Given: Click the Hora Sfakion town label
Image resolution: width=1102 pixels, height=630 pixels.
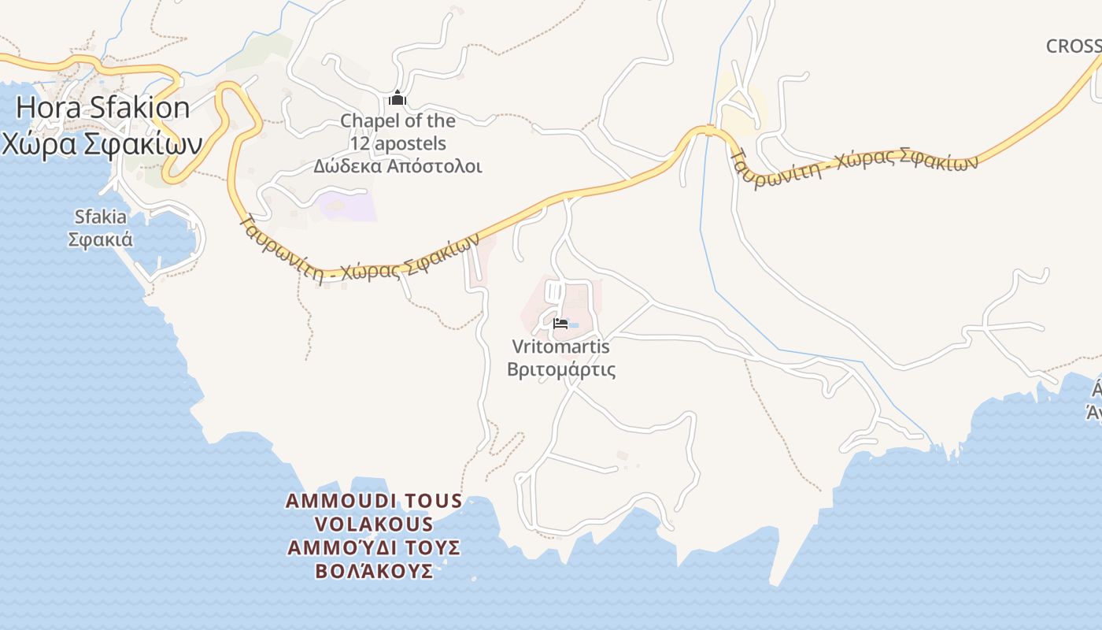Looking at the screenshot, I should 102,108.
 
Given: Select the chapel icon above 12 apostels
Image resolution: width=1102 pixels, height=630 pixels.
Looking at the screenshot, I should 398,98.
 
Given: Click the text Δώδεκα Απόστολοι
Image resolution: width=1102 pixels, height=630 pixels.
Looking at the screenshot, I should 398,166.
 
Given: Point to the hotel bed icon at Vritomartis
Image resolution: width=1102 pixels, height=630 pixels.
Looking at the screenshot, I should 560,323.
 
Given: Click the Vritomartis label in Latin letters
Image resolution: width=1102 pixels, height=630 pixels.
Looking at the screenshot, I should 560,346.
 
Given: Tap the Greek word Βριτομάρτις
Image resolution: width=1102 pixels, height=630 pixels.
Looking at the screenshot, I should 560,369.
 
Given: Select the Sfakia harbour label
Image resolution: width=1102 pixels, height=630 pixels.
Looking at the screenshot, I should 100,217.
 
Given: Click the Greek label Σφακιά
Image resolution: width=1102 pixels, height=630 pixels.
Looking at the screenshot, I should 100,239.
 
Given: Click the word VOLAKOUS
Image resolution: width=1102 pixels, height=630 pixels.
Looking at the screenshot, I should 374,524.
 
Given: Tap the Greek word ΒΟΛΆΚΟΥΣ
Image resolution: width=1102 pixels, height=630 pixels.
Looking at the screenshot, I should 374,571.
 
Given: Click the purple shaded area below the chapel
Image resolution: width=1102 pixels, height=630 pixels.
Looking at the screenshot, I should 348,206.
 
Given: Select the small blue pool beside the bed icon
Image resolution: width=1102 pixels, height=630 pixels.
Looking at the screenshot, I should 574,325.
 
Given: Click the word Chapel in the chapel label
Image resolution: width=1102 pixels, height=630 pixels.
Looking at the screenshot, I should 369,121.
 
